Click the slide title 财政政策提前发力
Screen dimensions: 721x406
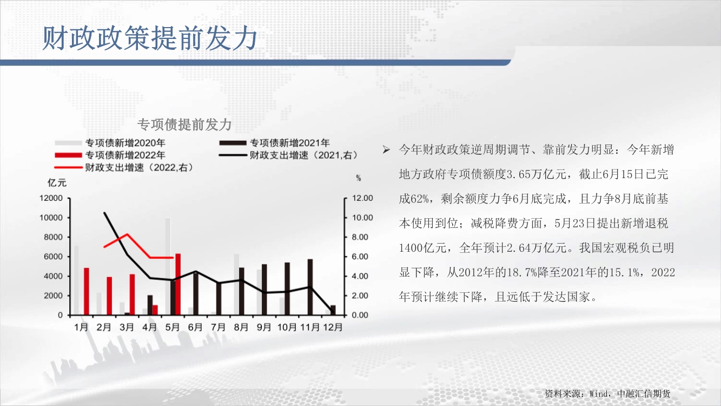(x=150, y=38)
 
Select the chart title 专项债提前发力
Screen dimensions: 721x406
(x=184, y=125)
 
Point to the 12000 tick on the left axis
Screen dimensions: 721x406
(x=51, y=198)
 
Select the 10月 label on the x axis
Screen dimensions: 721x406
(x=287, y=328)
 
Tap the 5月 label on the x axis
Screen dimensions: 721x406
(x=172, y=328)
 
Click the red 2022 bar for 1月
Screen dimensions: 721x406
(x=86, y=291)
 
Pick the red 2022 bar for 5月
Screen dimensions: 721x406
(x=177, y=284)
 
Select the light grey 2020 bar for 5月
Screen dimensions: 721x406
(x=168, y=266)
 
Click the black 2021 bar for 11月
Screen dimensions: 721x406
(x=310, y=287)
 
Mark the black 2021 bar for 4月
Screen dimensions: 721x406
(x=150, y=305)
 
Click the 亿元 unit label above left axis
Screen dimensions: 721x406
(x=57, y=183)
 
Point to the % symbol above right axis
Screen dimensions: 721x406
(x=359, y=178)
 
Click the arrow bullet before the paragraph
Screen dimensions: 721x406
(x=386, y=150)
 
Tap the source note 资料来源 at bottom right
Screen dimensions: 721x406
(x=563, y=394)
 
